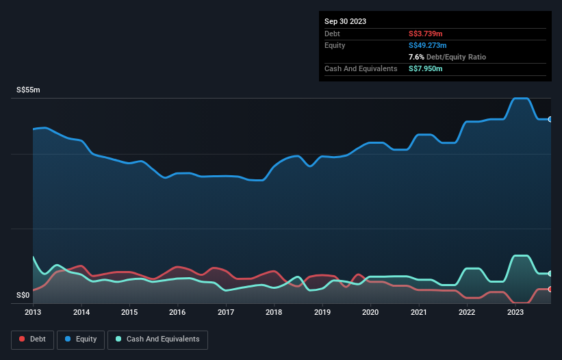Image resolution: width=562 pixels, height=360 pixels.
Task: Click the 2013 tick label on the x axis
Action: click(33, 312)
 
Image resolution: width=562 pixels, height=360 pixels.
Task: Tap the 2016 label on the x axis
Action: click(177, 312)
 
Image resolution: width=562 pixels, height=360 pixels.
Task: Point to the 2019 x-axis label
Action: click(322, 312)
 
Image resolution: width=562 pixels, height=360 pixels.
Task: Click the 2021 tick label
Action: click(419, 312)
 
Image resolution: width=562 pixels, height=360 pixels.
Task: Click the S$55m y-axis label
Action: click(28, 90)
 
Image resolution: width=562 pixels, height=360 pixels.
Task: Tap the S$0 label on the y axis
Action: click(23, 296)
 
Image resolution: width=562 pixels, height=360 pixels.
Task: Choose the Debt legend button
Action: click(32, 339)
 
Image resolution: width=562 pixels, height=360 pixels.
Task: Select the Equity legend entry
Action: click(80, 339)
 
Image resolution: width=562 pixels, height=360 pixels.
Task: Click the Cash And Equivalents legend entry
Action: click(157, 339)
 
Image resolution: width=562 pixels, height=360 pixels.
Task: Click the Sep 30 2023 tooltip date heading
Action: click(345, 21)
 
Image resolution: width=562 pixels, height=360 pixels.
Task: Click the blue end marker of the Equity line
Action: click(550, 119)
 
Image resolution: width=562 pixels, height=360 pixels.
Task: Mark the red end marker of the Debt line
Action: click(550, 289)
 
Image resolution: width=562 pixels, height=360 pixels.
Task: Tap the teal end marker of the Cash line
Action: click(550, 273)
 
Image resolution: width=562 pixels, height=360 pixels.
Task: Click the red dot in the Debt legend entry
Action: click(22, 339)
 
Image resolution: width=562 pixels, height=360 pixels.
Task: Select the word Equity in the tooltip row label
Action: click(335, 45)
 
